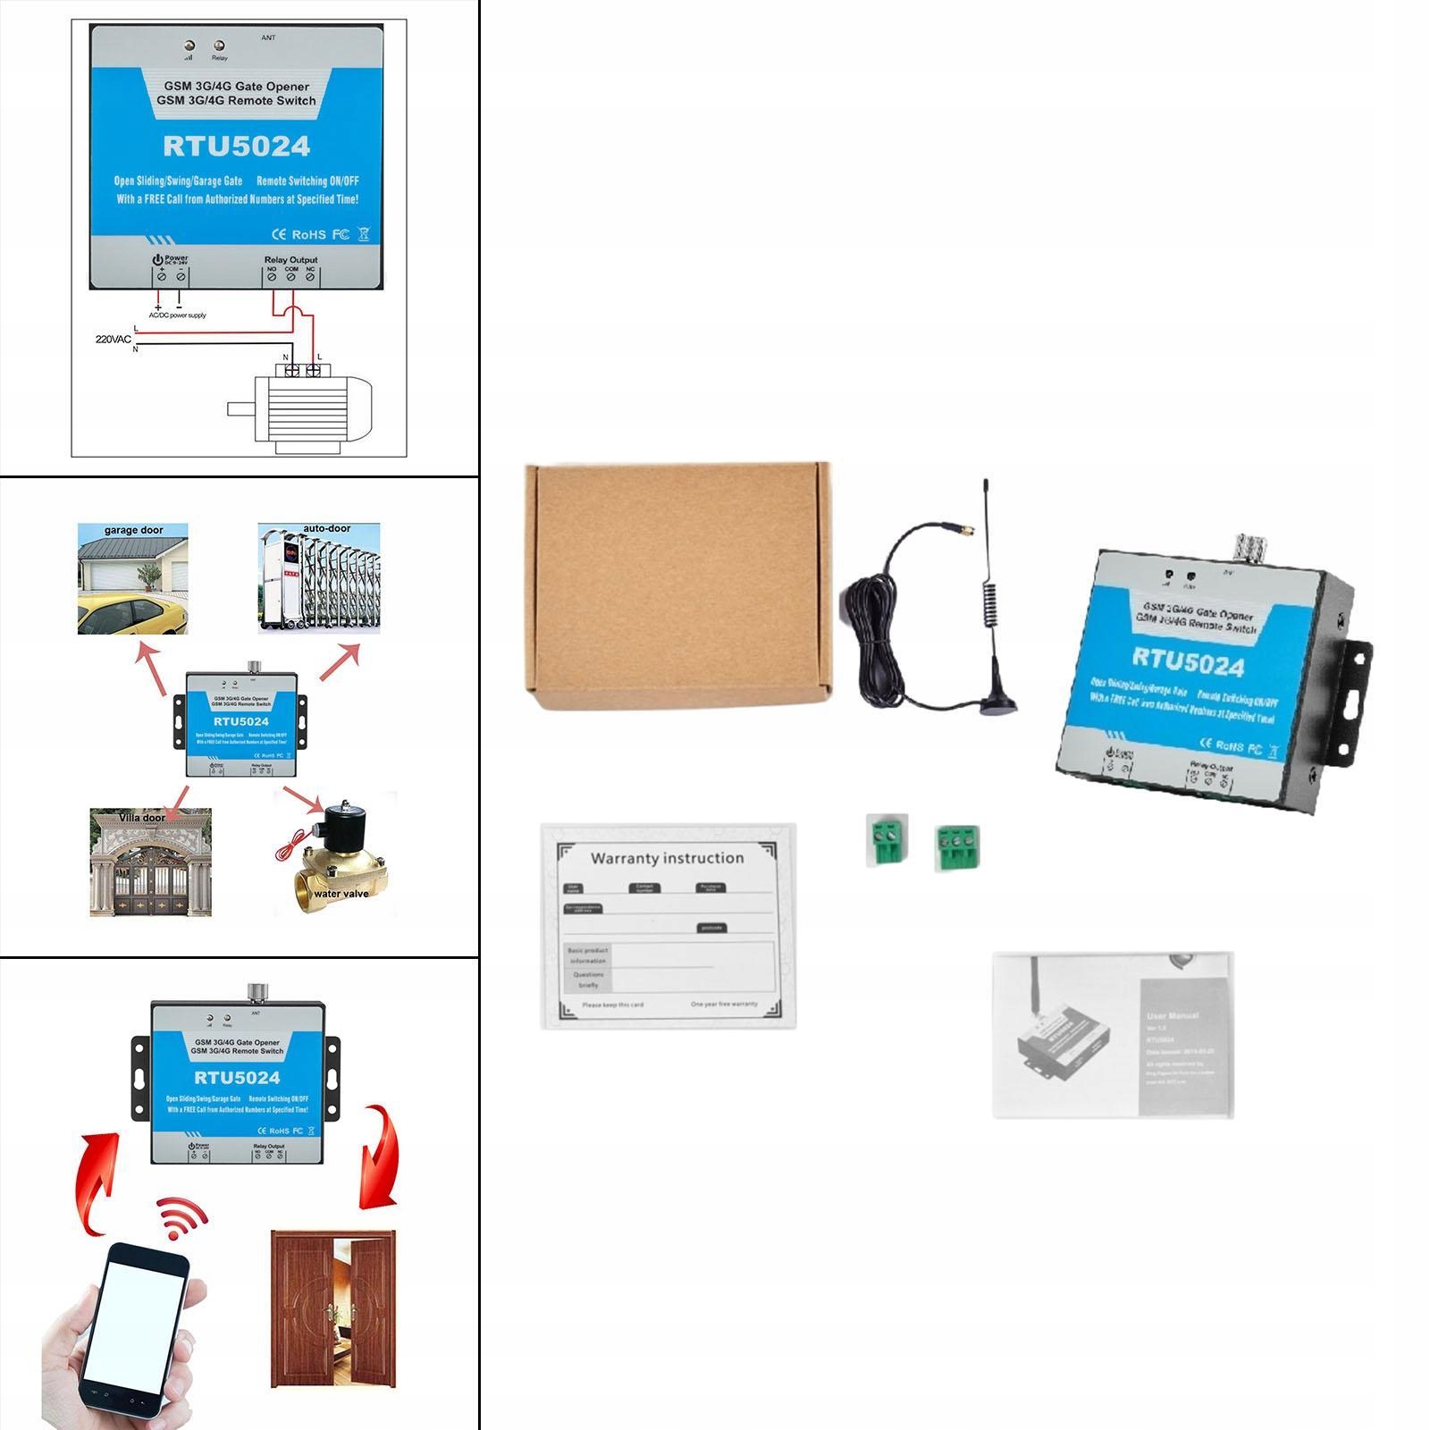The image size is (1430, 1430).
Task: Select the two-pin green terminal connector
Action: (x=886, y=840)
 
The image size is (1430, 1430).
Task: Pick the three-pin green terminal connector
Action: (x=956, y=847)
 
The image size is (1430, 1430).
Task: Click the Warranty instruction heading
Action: (x=667, y=858)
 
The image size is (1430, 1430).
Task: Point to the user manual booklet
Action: (x=1113, y=1034)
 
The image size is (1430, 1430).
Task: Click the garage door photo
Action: (x=133, y=579)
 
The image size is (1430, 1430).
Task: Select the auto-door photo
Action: (x=319, y=579)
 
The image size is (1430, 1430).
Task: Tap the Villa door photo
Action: (x=150, y=862)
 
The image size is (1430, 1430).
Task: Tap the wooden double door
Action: (x=332, y=1308)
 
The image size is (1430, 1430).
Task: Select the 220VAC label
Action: (x=114, y=340)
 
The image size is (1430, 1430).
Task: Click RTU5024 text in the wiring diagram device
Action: (x=237, y=147)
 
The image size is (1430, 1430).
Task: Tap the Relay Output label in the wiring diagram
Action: (x=290, y=260)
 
